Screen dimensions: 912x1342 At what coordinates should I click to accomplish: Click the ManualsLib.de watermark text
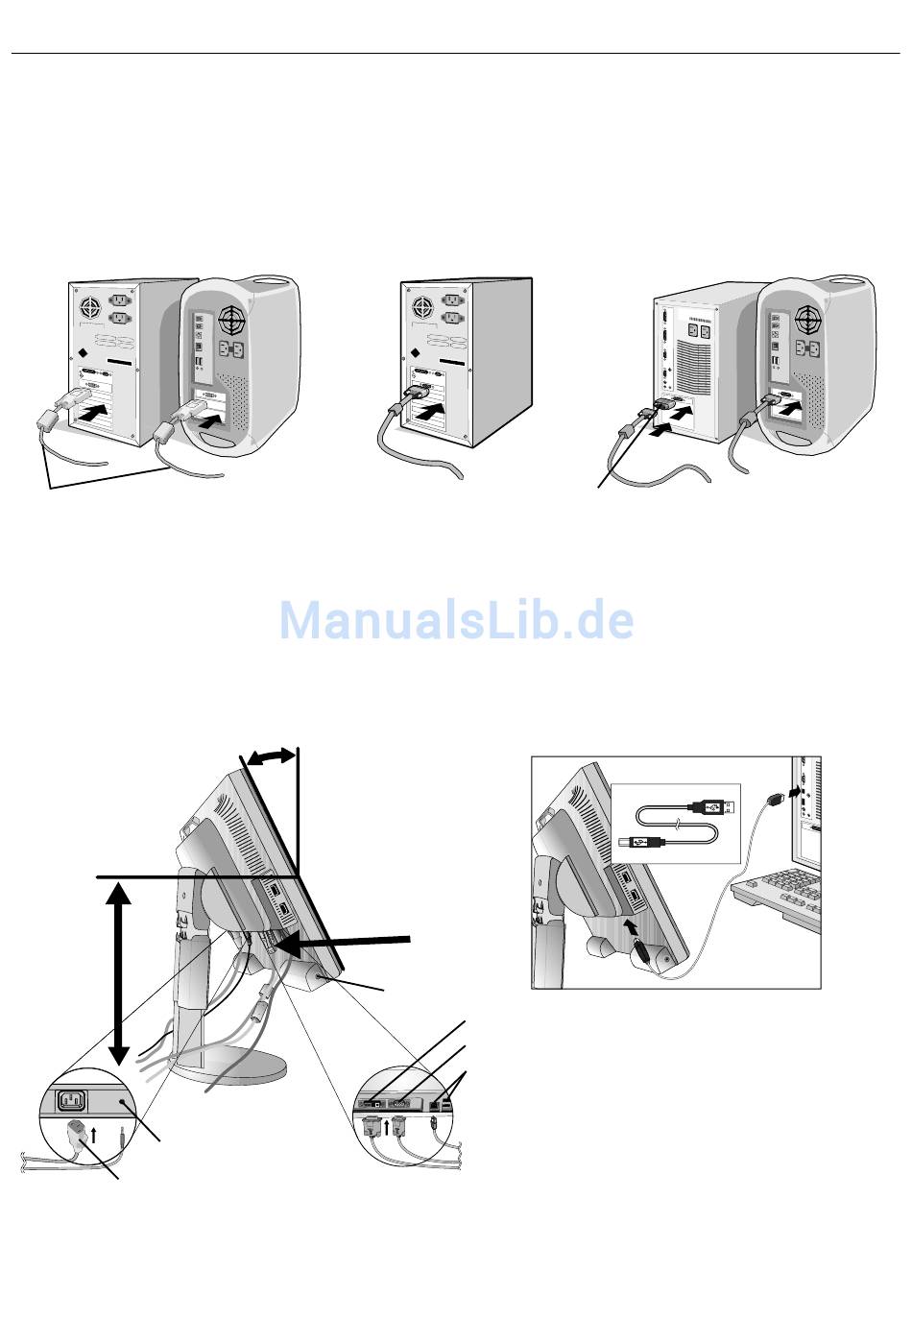(x=456, y=620)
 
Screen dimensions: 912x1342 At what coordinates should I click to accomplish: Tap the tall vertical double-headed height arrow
(x=118, y=971)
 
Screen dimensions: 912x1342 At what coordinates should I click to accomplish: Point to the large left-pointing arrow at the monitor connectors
(x=351, y=942)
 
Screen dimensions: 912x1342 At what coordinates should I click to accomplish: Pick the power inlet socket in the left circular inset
(x=78, y=1099)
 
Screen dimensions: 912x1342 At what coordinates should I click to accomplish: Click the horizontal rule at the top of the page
(x=456, y=54)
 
